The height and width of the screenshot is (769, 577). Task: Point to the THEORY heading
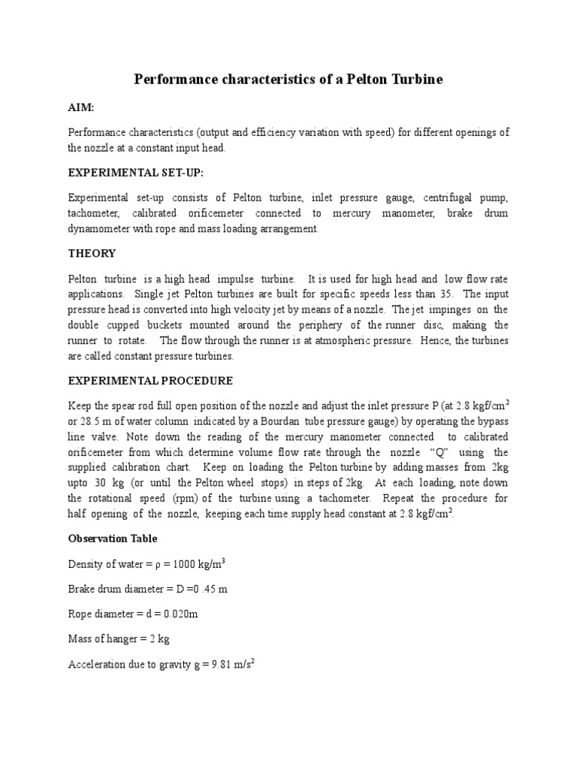coord(92,253)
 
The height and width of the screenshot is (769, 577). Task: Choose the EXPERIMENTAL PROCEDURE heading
coord(150,381)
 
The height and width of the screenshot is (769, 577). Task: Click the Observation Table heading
coord(113,538)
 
